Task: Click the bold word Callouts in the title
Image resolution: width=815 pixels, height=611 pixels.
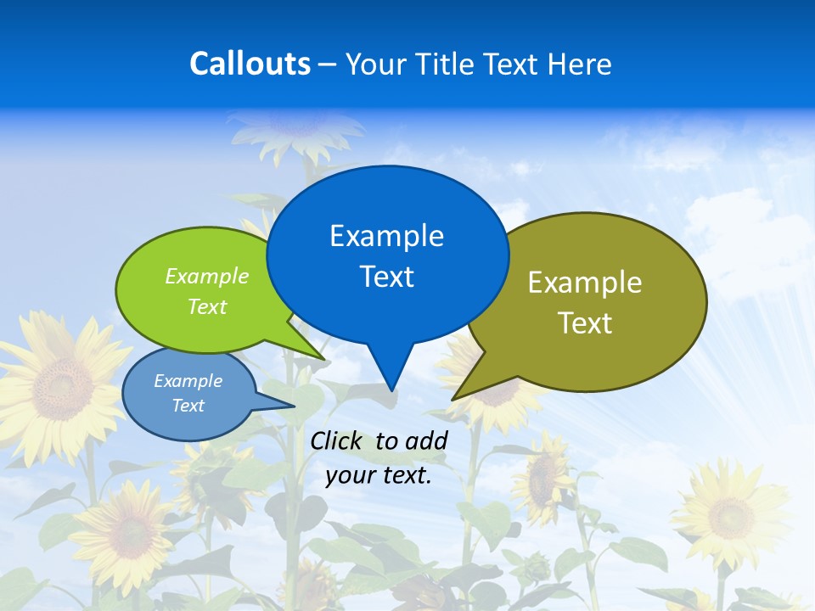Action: click(250, 64)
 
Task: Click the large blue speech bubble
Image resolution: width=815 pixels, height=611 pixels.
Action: click(387, 255)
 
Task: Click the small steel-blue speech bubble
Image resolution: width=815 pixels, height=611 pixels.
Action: click(188, 394)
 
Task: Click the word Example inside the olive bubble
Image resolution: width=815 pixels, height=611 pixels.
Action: click(585, 283)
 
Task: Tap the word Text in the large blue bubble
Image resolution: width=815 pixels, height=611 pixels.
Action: click(387, 277)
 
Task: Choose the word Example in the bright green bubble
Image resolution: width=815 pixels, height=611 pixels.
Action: click(207, 276)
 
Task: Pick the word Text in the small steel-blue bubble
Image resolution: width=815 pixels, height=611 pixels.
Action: click(188, 406)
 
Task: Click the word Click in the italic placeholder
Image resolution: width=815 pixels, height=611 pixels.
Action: click(337, 440)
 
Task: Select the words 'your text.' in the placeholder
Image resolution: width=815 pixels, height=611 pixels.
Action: click(379, 475)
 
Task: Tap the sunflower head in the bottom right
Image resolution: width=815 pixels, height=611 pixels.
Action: click(729, 513)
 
